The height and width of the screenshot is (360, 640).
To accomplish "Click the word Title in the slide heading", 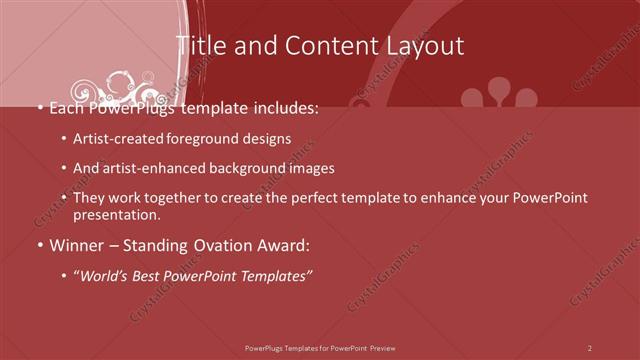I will pos(200,46).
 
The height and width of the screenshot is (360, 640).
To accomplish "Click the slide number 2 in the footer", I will pos(590,347).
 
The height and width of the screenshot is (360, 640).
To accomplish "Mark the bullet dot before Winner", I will pos(39,245).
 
